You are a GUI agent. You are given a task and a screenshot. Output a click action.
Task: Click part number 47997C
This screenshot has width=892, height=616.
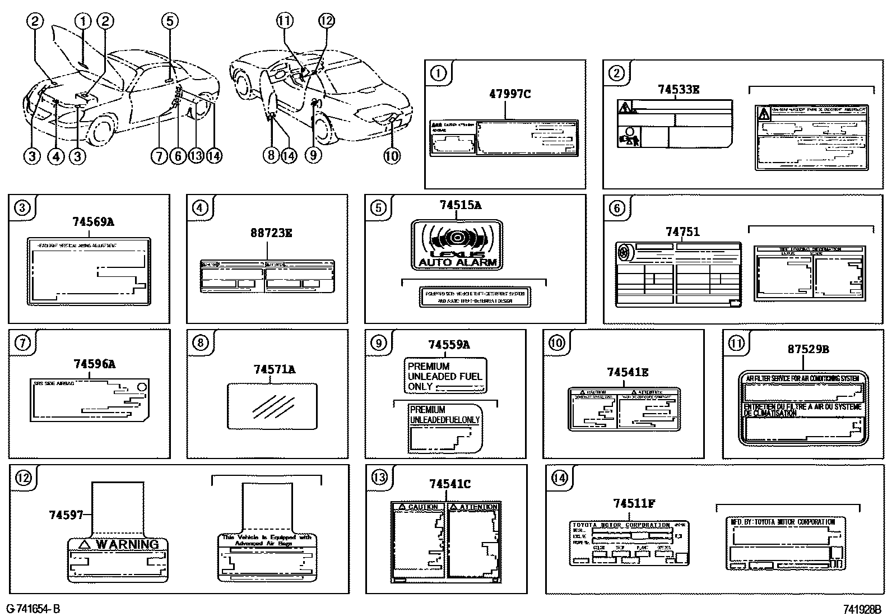pos(509,94)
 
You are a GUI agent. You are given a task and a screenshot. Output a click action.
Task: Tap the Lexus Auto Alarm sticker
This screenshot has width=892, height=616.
pos(457,245)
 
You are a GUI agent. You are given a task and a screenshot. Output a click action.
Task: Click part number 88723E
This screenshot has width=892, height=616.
pos(271,233)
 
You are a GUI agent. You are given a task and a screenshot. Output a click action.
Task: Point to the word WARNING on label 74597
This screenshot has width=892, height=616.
pos(127,544)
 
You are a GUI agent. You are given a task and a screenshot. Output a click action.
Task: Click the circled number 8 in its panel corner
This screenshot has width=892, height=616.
pos(200,342)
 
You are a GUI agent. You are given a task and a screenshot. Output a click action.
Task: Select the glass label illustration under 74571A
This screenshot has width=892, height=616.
pos(272,405)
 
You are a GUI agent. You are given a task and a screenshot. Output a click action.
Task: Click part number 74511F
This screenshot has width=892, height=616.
pos(634,503)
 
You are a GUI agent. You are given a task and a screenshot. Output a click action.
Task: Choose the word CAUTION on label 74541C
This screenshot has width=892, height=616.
pos(422,507)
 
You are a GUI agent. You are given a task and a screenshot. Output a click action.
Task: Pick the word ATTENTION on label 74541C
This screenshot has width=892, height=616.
pos(478,507)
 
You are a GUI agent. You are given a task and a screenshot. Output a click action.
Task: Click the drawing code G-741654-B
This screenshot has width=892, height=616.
pos(33,609)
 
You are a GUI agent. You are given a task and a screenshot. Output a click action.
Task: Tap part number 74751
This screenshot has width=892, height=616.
pos(682,232)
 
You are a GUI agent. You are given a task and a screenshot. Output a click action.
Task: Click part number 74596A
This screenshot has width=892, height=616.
pos(94,364)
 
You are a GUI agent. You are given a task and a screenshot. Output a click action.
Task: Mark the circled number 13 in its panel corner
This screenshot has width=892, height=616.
pos(379,477)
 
